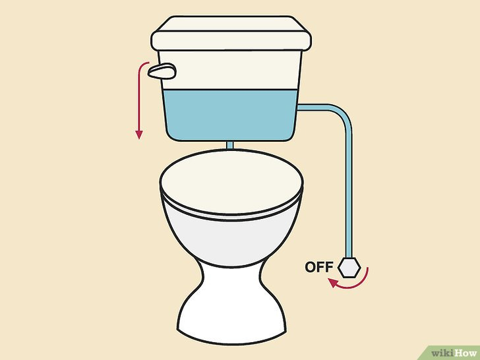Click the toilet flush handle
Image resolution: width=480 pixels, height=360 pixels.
162,71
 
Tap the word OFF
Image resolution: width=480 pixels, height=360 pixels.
319,267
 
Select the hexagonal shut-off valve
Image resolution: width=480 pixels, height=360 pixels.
349,268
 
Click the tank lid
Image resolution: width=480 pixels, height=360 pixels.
231,34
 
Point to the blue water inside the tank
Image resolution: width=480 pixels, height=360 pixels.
230,115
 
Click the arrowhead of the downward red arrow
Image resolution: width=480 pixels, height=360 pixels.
139,135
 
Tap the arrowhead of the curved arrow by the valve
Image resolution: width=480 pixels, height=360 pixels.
334,283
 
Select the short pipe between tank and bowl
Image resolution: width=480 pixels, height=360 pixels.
230,146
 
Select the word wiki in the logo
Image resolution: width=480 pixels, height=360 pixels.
442,353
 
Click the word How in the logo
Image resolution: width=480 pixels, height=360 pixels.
465,353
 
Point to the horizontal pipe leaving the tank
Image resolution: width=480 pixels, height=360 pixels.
314,107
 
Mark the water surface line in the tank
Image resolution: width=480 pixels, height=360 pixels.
230,90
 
